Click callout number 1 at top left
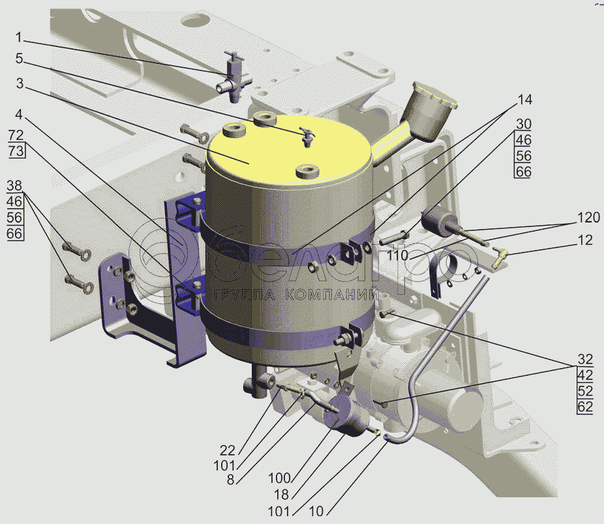click(18, 37)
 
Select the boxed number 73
click(16, 151)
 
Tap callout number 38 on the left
click(14, 186)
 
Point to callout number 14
click(524, 100)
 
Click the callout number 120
click(588, 218)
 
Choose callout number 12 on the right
click(585, 240)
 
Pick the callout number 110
click(397, 255)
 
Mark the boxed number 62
click(585, 407)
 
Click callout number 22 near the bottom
click(227, 450)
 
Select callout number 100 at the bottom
click(279, 478)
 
